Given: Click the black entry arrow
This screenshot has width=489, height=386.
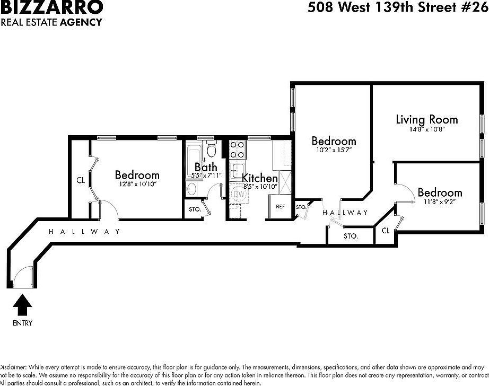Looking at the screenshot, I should tap(22, 306).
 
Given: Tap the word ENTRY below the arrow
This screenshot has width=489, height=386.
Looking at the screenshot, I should tap(22, 323).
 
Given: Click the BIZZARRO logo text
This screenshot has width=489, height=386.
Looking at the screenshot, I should tap(51, 7).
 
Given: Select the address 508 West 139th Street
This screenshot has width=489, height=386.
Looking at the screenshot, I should tap(393, 8).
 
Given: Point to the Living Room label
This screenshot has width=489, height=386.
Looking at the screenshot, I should tap(426, 119).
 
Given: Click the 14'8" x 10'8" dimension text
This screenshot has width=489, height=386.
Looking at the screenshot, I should tap(426, 129).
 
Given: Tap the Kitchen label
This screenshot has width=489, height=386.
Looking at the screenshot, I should tap(260, 178).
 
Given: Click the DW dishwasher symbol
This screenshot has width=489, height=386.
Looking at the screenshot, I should tap(239, 195).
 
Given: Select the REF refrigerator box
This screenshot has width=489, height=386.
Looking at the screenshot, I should tap(281, 207).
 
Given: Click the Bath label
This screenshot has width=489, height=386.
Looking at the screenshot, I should tap(205, 167).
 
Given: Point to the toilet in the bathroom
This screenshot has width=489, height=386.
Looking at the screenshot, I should tap(211, 146).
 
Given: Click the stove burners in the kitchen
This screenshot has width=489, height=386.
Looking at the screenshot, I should tap(237, 148).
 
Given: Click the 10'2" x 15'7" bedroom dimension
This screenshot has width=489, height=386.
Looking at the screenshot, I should tap(333, 150).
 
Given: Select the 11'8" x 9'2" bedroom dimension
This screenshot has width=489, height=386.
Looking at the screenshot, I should tap(439, 201).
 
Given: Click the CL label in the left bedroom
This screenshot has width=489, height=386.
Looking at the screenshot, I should tap(81, 180).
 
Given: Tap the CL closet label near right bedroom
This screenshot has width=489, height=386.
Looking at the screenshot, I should tap(386, 231).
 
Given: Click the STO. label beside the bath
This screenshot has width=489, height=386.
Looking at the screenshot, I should tap(195, 209).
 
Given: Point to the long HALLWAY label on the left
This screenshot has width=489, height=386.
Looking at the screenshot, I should tap(84, 232).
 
